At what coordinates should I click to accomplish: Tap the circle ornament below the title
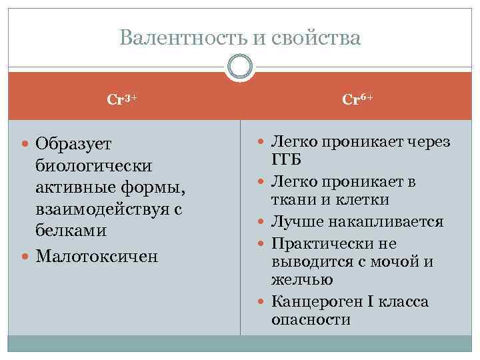239,67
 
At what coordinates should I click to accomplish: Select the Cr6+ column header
357,99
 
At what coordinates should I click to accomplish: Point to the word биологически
94,165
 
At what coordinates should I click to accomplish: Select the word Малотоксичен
97,256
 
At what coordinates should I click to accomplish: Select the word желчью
294,279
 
